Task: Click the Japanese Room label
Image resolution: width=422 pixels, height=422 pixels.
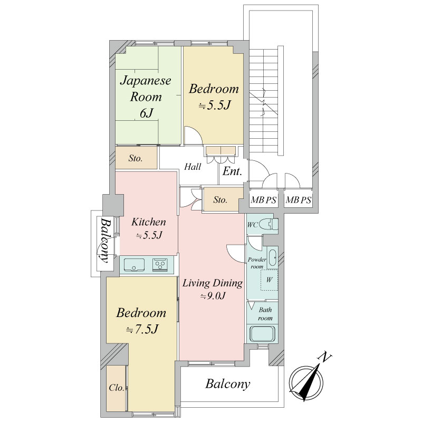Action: pos(146,97)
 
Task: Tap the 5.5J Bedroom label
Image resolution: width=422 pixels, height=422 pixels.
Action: pos(214,97)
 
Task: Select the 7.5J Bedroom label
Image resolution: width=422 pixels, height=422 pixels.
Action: pos(141,321)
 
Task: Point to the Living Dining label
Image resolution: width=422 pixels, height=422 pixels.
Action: pos(213,289)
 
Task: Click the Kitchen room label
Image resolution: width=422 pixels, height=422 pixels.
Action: pos(149,228)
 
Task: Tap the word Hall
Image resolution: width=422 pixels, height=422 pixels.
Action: pos(193,167)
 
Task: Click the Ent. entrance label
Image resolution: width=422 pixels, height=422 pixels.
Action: pos(232,171)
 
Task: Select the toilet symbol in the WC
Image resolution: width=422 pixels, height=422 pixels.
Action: pos(272,225)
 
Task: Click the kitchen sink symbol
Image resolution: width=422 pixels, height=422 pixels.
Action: pos(134,265)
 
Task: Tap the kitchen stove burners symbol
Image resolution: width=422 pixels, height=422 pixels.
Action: pos(160,265)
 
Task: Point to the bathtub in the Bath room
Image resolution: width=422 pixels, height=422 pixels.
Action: pos(262,334)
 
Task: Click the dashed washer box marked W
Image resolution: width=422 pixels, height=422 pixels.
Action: pos(269,280)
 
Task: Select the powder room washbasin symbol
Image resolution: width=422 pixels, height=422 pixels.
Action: pos(272,258)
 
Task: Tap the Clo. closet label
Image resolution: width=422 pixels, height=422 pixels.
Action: pos(117,388)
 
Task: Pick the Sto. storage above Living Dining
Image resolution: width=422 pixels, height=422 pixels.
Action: pos(220,200)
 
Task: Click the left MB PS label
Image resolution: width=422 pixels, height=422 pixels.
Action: pos(263,200)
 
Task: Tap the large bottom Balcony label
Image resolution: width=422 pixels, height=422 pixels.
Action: pos(228,384)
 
